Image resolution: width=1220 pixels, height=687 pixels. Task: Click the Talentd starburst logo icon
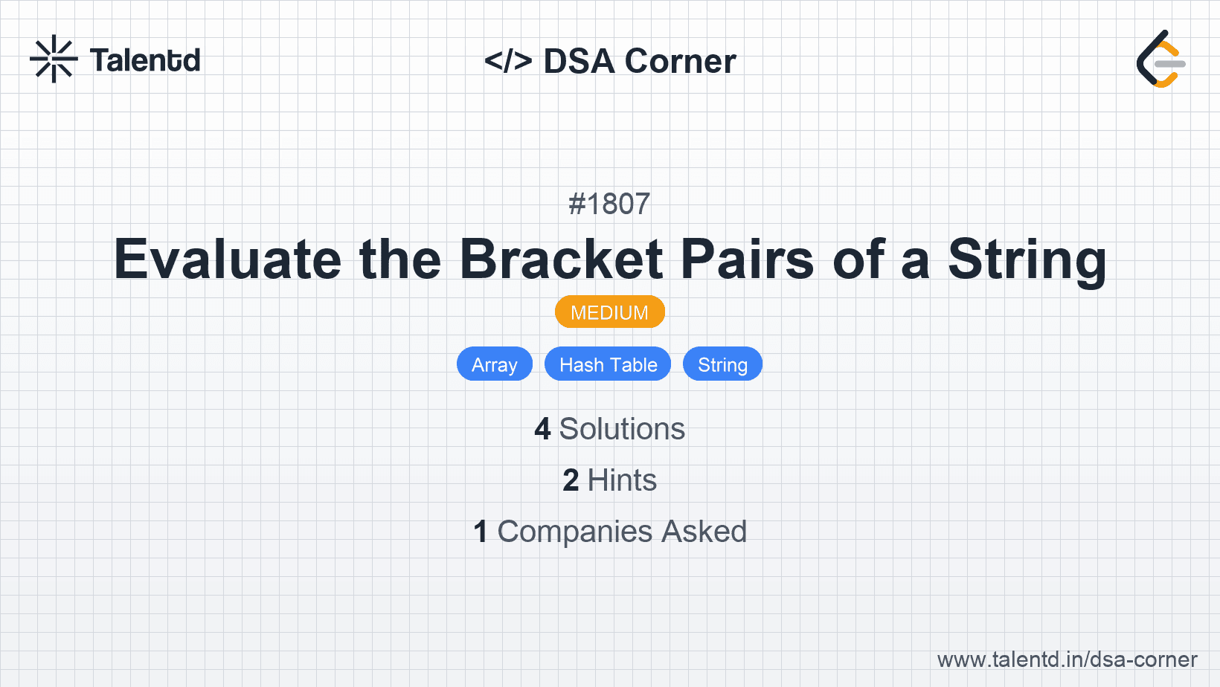pyautogui.click(x=54, y=59)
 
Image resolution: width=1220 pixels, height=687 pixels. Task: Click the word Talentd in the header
pyautogui.click(x=145, y=60)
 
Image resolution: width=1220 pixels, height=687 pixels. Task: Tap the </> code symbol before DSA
pyautogui.click(x=508, y=61)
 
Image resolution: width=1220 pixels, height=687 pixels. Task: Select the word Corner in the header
pyautogui.click(x=680, y=61)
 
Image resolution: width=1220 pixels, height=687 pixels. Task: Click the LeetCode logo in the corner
pyautogui.click(x=1160, y=59)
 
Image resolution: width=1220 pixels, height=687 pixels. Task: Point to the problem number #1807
pyautogui.click(x=609, y=204)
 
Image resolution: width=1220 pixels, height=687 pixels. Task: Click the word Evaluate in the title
pyautogui.click(x=227, y=259)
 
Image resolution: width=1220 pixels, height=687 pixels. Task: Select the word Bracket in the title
pyautogui.click(x=561, y=259)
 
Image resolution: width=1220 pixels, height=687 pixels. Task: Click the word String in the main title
pyautogui.click(x=1027, y=259)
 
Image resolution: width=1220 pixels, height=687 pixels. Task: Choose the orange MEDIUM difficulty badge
pyautogui.click(x=609, y=312)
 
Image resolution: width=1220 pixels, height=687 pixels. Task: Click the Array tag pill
pyautogui.click(x=494, y=364)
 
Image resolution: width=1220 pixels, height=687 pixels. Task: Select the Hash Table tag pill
pyautogui.click(x=608, y=364)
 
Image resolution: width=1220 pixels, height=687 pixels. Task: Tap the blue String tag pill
pyautogui.click(x=722, y=364)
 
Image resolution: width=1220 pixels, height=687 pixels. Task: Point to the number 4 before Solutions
pyautogui.click(x=542, y=429)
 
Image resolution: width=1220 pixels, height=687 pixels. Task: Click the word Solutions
pyautogui.click(x=622, y=429)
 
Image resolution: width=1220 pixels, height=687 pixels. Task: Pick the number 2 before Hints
pyautogui.click(x=571, y=480)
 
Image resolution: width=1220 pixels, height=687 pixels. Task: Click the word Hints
pyautogui.click(x=622, y=480)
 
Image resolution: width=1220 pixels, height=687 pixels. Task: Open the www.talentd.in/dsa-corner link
pyautogui.click(x=1067, y=659)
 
